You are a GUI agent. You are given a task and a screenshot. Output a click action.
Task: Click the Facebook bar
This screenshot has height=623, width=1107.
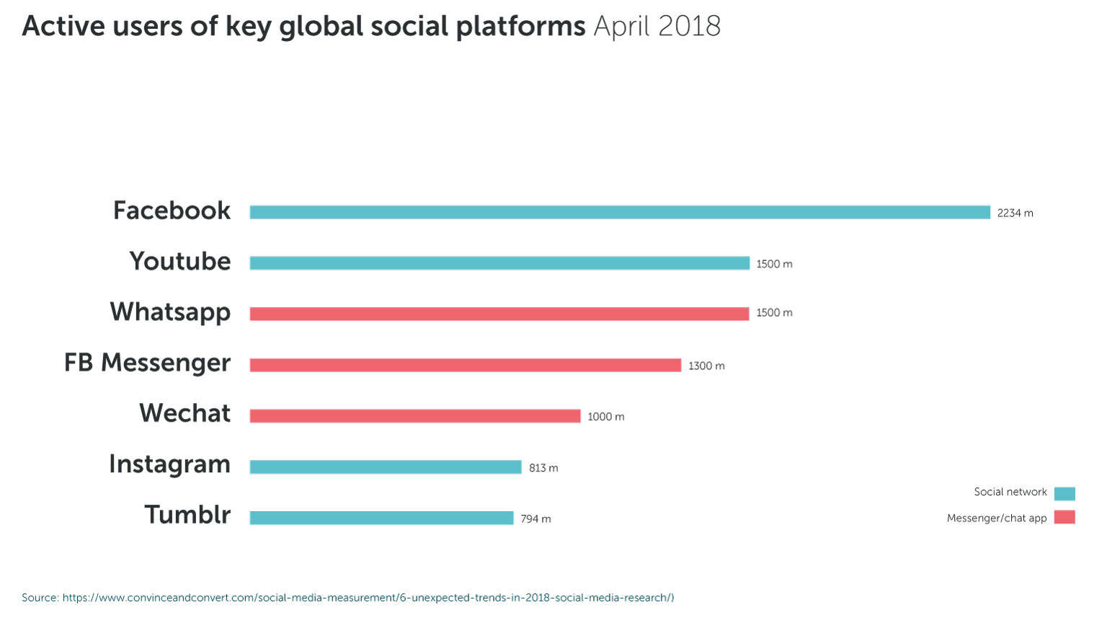click(x=620, y=213)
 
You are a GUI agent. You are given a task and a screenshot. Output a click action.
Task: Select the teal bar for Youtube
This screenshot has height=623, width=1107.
click(x=499, y=263)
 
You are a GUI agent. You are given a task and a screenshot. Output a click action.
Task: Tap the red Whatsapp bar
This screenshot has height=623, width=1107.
click(x=499, y=314)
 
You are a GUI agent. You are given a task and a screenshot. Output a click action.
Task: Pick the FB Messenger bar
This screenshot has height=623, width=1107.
click(x=465, y=365)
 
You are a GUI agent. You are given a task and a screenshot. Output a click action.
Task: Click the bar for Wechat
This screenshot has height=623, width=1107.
click(x=414, y=416)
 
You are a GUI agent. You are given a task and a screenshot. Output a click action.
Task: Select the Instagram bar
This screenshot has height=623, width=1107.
click(x=385, y=467)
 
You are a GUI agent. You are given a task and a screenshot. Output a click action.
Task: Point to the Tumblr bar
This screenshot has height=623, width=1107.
click(x=381, y=518)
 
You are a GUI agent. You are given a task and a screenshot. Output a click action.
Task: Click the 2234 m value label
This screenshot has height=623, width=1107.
click(x=1015, y=213)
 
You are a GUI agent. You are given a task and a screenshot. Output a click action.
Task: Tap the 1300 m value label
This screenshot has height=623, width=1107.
click(x=706, y=366)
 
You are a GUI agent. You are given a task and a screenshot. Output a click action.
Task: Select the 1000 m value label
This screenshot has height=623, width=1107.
click(x=605, y=417)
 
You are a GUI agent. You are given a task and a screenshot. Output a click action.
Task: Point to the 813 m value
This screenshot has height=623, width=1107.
click(x=543, y=468)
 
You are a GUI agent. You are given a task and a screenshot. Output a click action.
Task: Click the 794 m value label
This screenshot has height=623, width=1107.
click(x=535, y=519)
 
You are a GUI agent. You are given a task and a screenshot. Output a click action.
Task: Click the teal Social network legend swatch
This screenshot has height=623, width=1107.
click(x=1064, y=494)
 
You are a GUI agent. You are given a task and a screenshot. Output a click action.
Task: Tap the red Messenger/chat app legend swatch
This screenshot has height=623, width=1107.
click(x=1064, y=517)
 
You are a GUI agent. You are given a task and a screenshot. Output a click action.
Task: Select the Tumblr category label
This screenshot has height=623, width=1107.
click(x=187, y=515)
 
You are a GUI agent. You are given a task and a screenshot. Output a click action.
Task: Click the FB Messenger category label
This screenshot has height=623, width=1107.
click(x=147, y=363)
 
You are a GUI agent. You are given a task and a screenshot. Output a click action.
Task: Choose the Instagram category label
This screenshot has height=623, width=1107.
click(x=169, y=464)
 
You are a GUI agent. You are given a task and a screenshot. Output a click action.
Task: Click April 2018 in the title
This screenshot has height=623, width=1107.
click(x=657, y=27)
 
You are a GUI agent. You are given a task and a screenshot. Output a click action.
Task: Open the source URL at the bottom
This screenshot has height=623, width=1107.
click(x=368, y=598)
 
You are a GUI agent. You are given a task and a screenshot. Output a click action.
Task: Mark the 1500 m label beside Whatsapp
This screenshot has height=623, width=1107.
click(x=774, y=313)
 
